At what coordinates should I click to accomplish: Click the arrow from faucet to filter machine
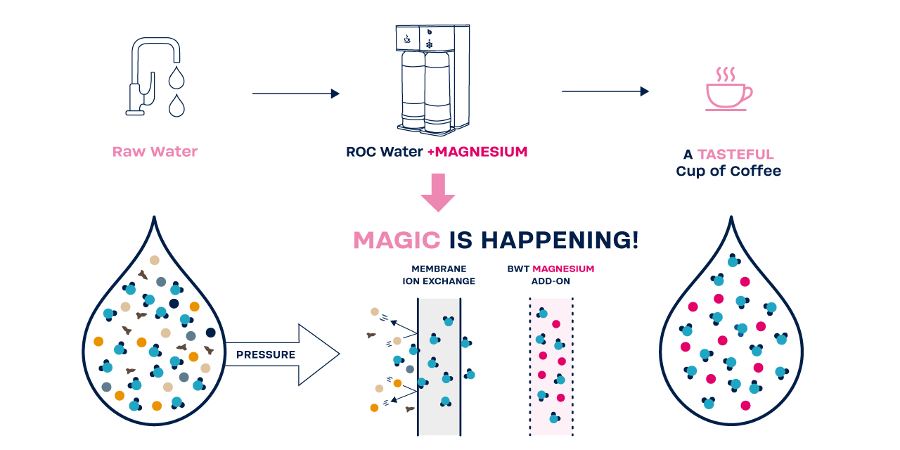point(295,94)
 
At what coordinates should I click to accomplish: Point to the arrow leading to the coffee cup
point(605,91)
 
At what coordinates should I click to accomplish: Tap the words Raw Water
point(155,151)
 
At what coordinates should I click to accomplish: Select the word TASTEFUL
point(735,154)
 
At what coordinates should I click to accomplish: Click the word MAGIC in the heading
point(397,240)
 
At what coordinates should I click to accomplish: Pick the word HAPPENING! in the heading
point(560,240)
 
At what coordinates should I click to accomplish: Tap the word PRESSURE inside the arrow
point(266,354)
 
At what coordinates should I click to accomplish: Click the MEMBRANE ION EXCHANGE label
point(439,275)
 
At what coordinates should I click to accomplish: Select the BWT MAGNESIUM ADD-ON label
point(551,275)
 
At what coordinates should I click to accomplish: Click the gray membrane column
point(439,366)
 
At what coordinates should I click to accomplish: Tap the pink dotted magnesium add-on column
point(551,366)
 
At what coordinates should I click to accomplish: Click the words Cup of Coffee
point(728,171)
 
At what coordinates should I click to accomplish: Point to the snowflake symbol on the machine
point(429,44)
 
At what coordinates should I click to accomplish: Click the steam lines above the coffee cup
point(726,74)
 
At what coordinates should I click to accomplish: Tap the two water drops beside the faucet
point(176,91)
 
